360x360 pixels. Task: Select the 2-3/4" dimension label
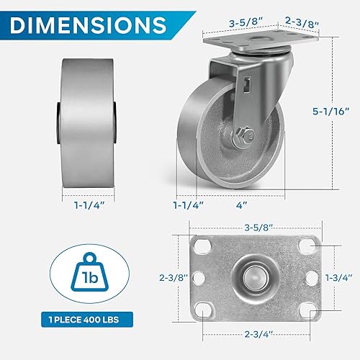tap(256, 334)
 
